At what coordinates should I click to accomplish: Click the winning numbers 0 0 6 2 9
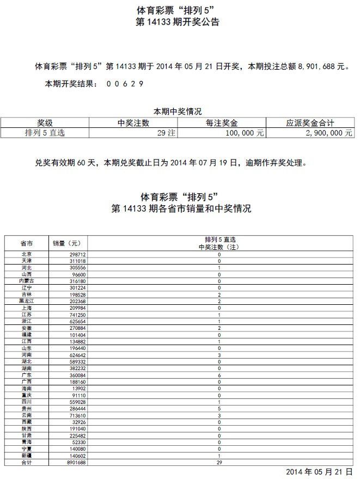(125, 84)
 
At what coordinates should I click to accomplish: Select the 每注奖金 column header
(222, 124)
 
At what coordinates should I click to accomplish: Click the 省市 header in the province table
(26, 243)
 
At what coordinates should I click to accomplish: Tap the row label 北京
(26, 254)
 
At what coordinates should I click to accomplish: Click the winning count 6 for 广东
(219, 376)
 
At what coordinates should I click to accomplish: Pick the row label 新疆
(26, 456)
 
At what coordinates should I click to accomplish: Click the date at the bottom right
(320, 471)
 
